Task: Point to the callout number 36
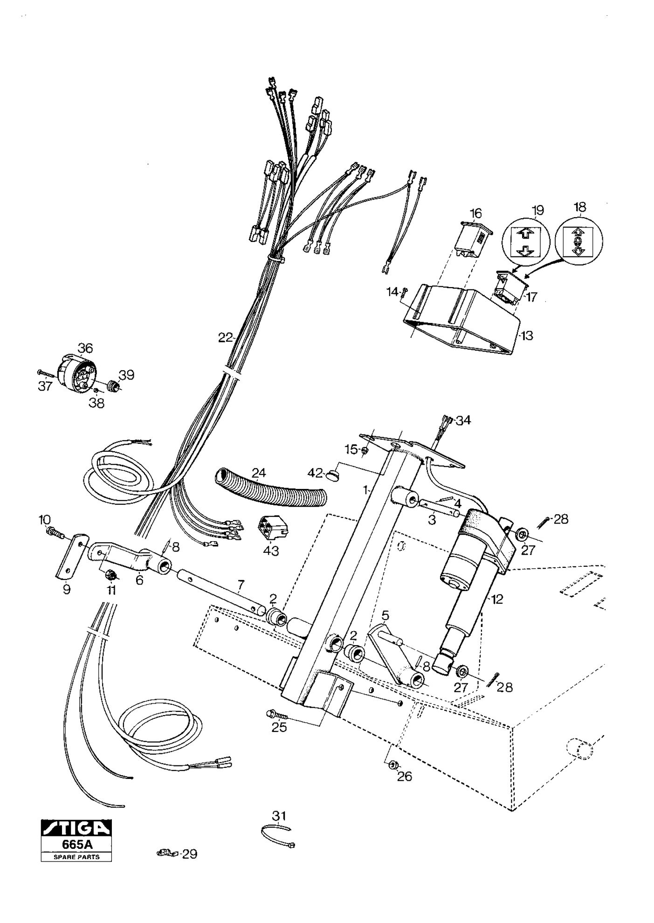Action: pos(85,348)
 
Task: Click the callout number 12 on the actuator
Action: pos(497,599)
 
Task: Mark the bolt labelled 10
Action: pos(55,531)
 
